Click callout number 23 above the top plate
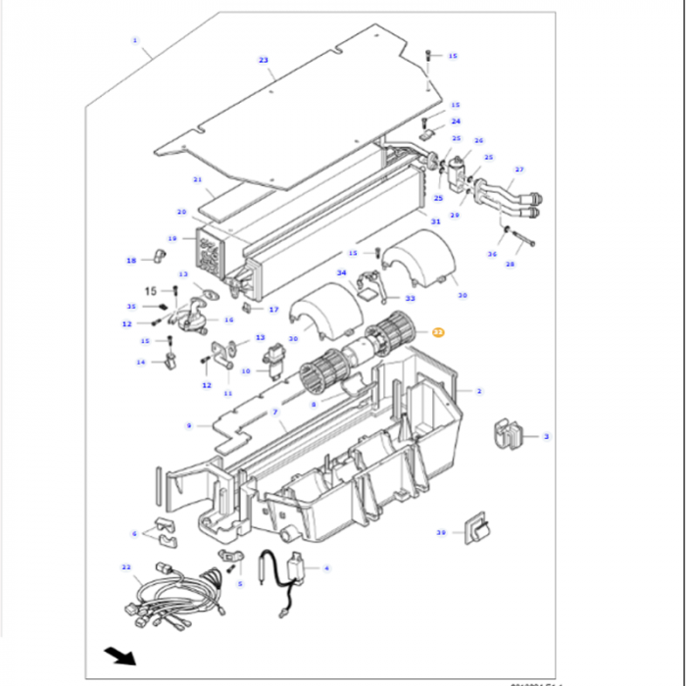coord(264,61)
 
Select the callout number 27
coord(519,169)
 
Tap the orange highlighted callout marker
coord(438,333)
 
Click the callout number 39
coord(441,533)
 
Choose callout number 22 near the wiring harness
coord(125,566)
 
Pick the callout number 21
coord(197,180)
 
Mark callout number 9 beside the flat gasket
coord(188,425)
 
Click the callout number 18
coord(130,260)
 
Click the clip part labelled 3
coord(510,434)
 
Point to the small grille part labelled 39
coord(477,529)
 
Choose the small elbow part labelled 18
coord(155,258)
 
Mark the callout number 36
coord(492,255)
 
